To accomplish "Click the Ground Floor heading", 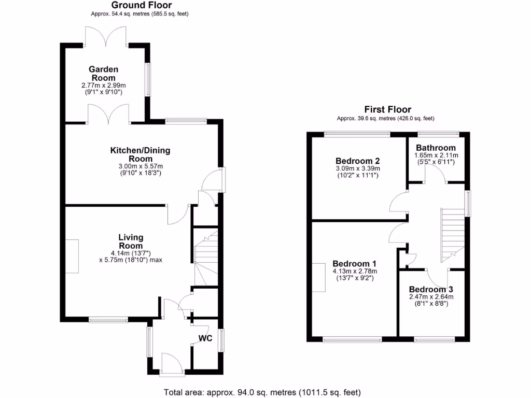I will [x=135, y=5].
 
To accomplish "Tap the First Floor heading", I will [x=388, y=109].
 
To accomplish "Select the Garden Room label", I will [x=103, y=74].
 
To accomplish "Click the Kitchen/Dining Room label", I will [x=140, y=154].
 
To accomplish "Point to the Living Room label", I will [x=131, y=241].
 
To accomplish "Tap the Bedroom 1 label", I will [x=355, y=263].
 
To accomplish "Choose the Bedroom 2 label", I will [x=358, y=160].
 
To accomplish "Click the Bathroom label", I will [x=436, y=148].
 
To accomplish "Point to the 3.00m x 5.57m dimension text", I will [x=140, y=166].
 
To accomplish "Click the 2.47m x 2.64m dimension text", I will [x=431, y=297].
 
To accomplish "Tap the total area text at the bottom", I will [x=262, y=392].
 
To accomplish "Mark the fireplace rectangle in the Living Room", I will [x=72, y=256].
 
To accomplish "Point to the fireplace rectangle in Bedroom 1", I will [x=319, y=277].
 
